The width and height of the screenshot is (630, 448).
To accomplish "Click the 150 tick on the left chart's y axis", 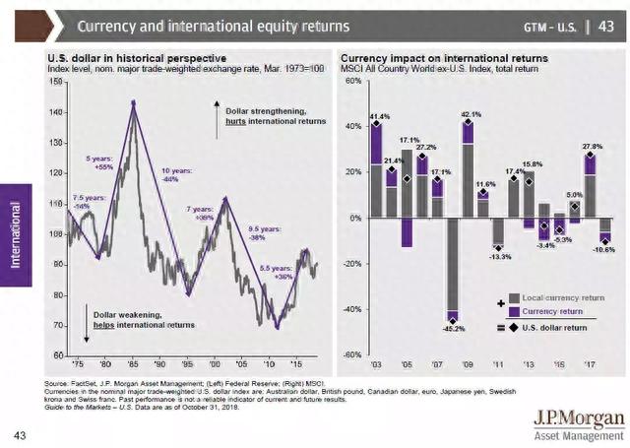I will click(55, 81).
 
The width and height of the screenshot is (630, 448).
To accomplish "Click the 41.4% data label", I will click(379, 117).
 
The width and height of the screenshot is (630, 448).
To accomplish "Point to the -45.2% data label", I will click(455, 328).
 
